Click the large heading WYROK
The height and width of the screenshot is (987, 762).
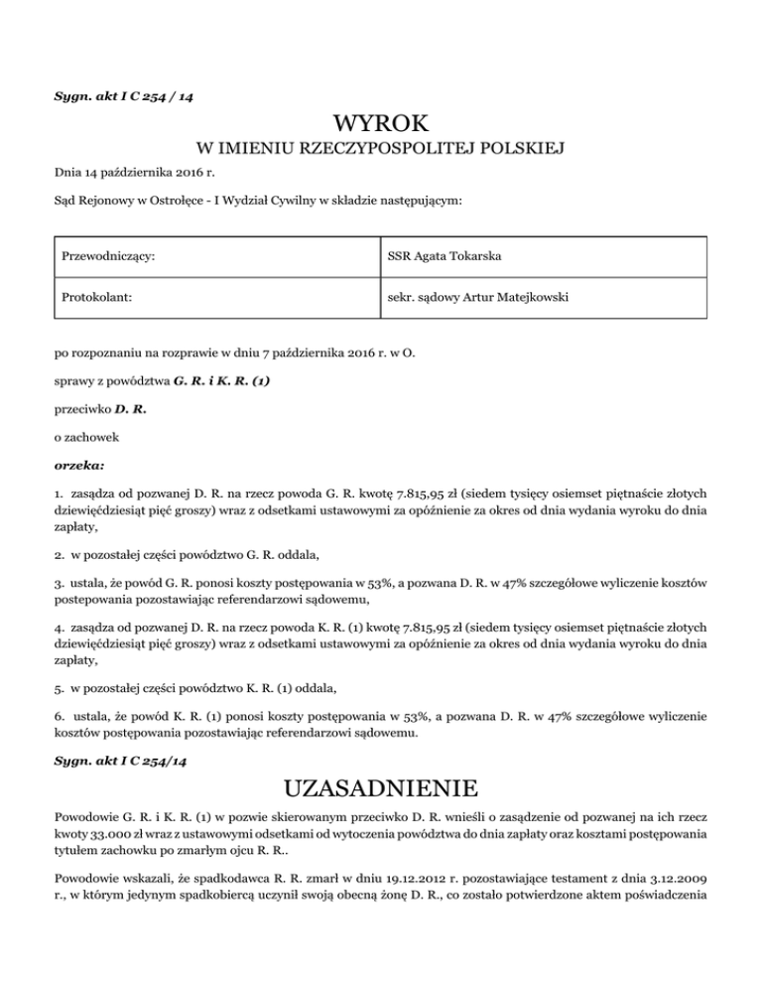point(381,124)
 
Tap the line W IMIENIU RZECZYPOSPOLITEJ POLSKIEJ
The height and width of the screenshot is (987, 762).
point(381,150)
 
